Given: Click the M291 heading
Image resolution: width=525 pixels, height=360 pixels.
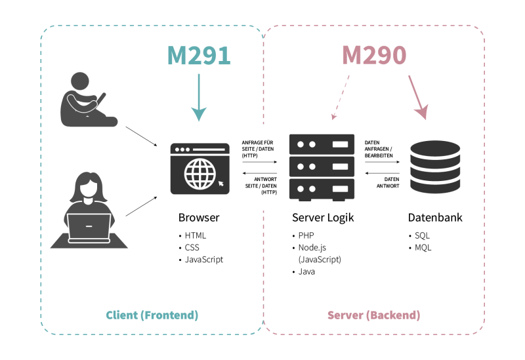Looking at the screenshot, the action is [199, 55].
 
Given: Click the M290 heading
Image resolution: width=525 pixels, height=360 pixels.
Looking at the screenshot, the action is [374, 55].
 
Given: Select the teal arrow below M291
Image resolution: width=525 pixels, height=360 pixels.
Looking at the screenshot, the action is [199, 97].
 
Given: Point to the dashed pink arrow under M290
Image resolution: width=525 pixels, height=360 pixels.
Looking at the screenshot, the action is [340, 97].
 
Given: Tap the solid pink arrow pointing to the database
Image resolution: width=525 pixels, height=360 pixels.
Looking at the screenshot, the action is [418, 97].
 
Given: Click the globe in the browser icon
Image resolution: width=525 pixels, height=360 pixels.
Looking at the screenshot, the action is [200, 173].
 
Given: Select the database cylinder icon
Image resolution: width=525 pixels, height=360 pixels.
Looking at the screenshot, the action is [435, 167].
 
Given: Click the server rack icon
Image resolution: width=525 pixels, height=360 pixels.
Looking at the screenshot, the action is [322, 167].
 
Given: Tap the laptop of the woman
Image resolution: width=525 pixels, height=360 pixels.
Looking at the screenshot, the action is [89, 228].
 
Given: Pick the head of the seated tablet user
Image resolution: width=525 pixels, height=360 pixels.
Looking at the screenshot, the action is [80, 81].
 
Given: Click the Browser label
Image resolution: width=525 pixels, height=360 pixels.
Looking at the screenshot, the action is [199, 218].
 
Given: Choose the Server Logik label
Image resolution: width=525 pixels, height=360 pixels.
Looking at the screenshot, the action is [323, 218].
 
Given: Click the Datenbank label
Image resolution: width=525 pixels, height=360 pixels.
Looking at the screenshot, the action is [435, 218].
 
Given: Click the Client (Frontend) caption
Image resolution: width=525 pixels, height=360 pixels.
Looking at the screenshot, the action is [152, 315].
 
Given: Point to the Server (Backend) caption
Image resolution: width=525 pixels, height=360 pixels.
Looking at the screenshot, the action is [373, 315].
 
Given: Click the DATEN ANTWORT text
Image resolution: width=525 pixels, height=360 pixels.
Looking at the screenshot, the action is [388, 183].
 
